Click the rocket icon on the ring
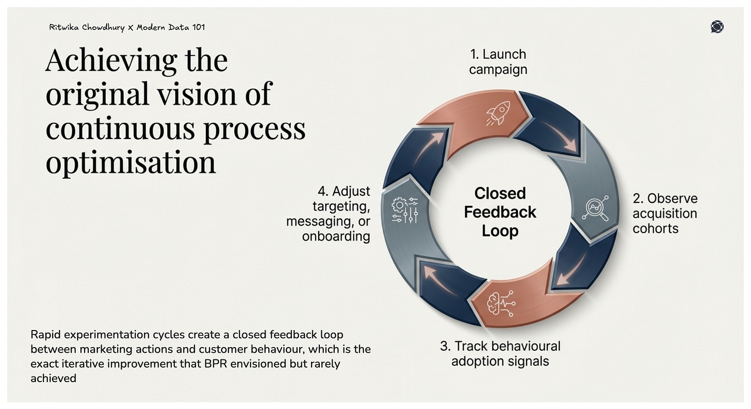click(x=498, y=113)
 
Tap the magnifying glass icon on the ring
click(x=595, y=209)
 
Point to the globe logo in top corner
click(x=716, y=27)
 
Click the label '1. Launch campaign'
click(x=498, y=62)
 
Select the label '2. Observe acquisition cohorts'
click(x=664, y=213)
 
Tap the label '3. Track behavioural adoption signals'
click(x=500, y=353)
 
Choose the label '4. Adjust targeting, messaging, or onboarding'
click(x=330, y=214)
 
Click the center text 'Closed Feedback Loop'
click(x=500, y=212)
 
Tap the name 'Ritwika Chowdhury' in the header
click(x=87, y=27)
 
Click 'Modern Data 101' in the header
click(x=171, y=27)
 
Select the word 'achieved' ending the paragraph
click(x=53, y=378)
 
